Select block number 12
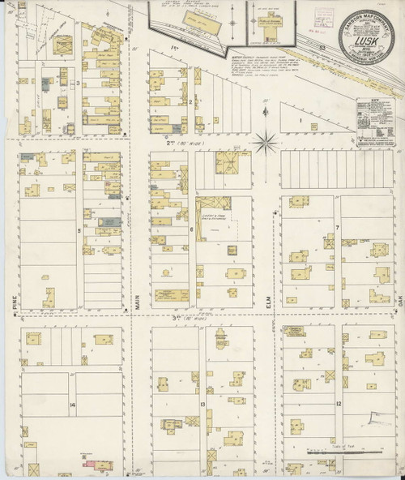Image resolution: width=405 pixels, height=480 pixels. pos(339,403)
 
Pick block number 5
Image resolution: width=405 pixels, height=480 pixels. pos(79,230)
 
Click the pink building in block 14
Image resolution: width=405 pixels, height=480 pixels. pos(85,465)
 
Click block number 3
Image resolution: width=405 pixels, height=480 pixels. pos(78,83)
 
